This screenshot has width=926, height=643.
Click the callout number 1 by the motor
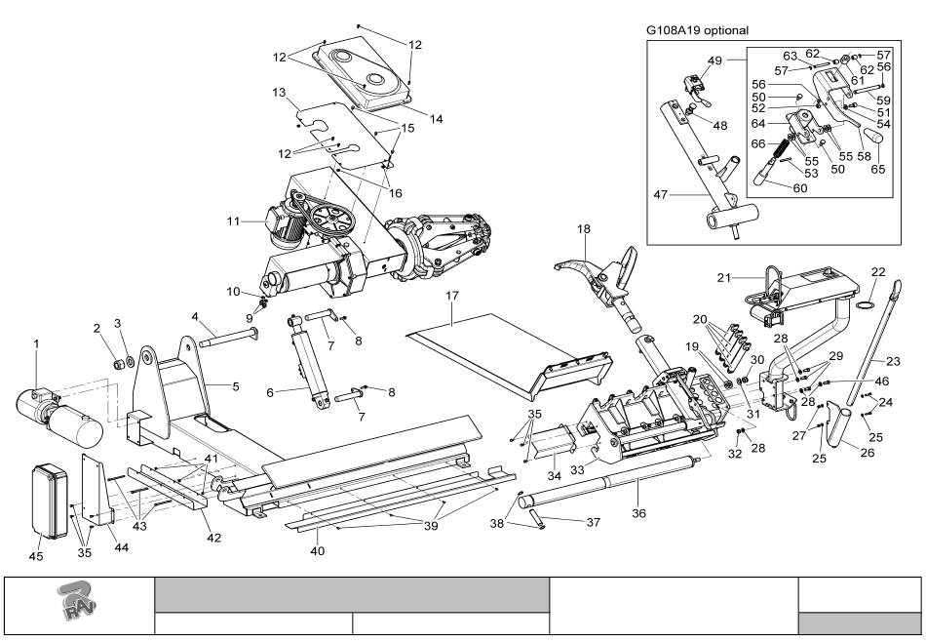click(37, 343)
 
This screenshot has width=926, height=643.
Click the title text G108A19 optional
click(697, 30)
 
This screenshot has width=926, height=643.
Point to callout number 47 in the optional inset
click(661, 195)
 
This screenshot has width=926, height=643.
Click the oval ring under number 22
click(863, 304)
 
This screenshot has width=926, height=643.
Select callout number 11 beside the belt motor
click(234, 221)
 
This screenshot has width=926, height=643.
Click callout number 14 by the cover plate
click(435, 119)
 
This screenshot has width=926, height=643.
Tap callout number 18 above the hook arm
click(583, 229)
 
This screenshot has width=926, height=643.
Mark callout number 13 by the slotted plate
click(279, 93)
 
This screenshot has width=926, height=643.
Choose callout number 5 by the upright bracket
click(235, 386)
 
